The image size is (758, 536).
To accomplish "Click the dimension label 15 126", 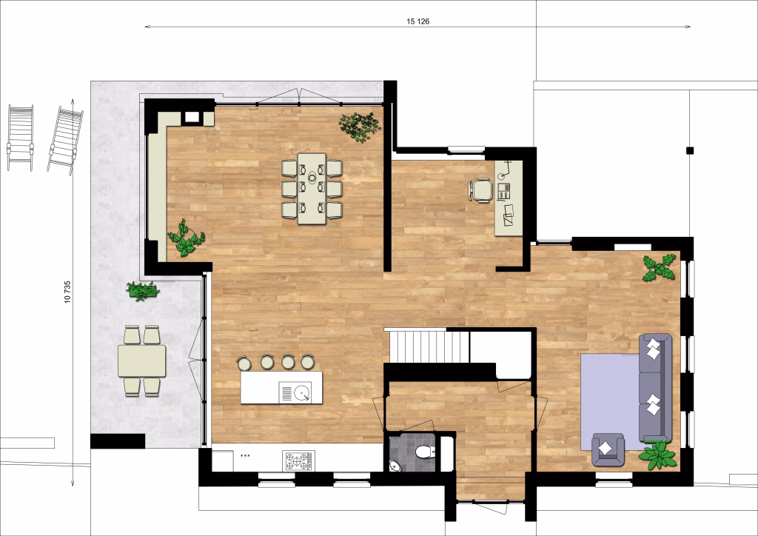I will [x=417, y=21].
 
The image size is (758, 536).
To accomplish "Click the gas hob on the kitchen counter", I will [x=298, y=461].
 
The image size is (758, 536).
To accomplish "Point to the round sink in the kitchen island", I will [x=301, y=391].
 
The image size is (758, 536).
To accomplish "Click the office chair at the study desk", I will [x=481, y=190].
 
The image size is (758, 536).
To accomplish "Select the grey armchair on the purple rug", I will [x=608, y=449].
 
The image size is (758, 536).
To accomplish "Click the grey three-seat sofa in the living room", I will [x=654, y=386].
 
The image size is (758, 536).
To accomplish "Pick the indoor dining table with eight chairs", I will [x=312, y=188].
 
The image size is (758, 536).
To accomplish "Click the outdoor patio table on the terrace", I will [x=141, y=361].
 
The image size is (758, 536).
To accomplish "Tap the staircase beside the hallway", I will [x=430, y=346].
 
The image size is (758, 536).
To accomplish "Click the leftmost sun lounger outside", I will [x=20, y=137].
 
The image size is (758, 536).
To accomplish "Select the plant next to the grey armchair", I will [x=658, y=455].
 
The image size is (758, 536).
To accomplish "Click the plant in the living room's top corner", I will [x=659, y=267].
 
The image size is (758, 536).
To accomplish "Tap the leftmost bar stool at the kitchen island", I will [x=243, y=362].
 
